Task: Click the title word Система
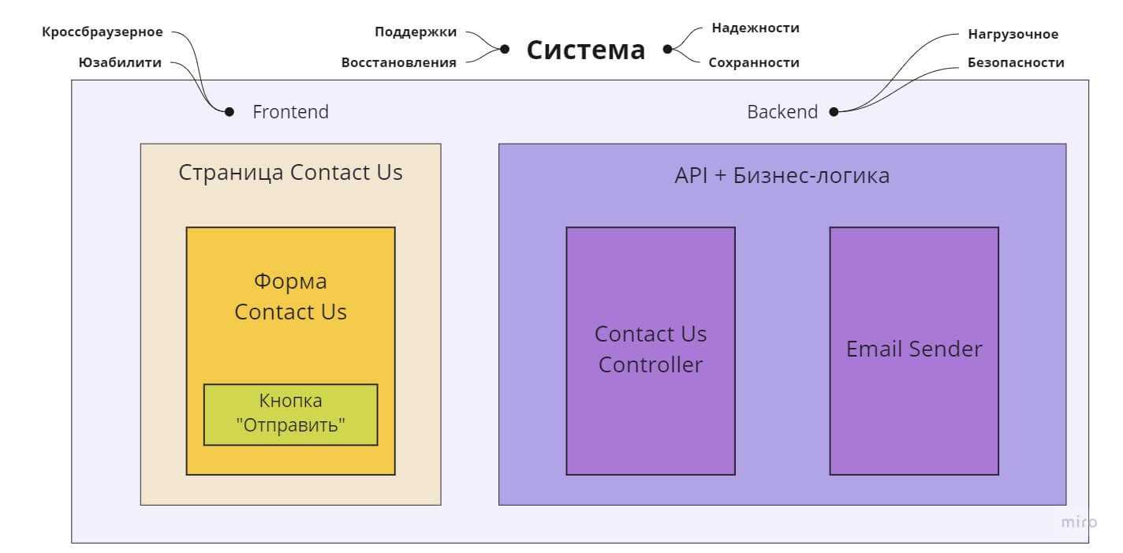(585, 50)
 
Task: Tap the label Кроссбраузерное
(103, 32)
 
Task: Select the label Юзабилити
(120, 63)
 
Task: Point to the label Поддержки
(415, 32)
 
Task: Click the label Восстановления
(398, 63)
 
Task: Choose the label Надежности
(755, 28)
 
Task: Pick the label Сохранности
(753, 62)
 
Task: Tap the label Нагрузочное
(1013, 34)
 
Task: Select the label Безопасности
(1016, 62)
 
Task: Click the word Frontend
(290, 112)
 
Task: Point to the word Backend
(782, 112)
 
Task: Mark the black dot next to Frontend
(229, 112)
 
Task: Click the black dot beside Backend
(834, 112)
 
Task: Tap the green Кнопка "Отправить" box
(290, 414)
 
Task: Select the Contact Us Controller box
(650, 350)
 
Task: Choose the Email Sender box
(913, 350)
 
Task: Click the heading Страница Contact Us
(290, 173)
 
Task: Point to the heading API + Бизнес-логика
(782, 175)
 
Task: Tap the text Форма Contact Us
(290, 297)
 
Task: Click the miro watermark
(1078, 522)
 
